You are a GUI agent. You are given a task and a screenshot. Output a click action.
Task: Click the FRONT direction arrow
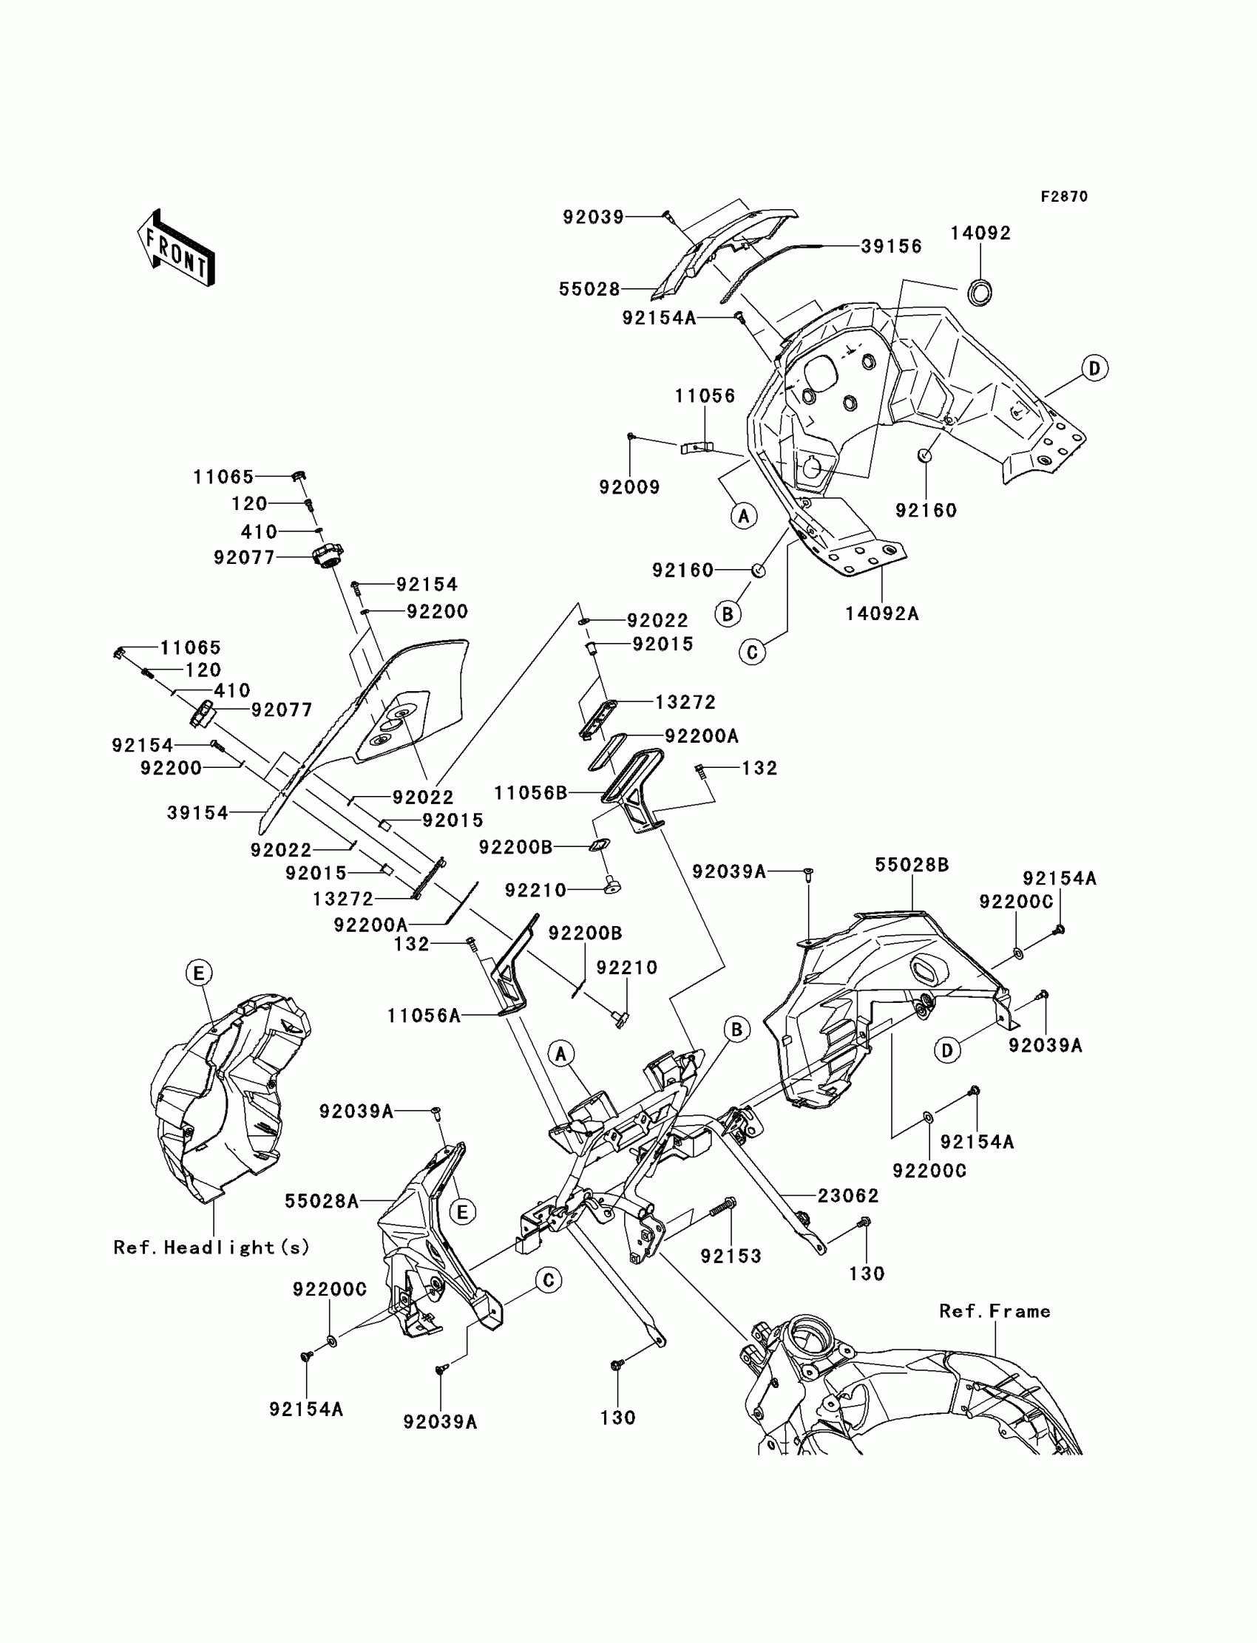(x=177, y=248)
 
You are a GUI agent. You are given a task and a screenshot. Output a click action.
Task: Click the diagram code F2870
(x=1064, y=197)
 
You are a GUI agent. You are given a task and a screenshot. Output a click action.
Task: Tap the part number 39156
(x=891, y=246)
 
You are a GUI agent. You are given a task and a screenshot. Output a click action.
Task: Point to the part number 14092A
(x=882, y=613)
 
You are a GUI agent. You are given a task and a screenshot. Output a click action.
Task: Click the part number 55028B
(x=912, y=865)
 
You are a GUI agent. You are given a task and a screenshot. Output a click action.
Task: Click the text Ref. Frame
(x=995, y=1311)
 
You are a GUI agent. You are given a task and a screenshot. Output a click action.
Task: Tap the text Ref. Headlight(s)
(x=211, y=1248)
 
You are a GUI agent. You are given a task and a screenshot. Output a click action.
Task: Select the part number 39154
(x=197, y=813)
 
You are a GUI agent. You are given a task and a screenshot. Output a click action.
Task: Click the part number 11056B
(x=531, y=793)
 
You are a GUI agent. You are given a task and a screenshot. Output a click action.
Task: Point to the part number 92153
(x=731, y=1256)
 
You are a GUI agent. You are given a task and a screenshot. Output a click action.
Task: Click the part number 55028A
(x=322, y=1202)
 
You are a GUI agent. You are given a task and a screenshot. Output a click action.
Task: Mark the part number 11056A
(x=424, y=1016)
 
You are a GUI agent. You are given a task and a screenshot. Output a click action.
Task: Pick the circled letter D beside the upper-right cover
(x=1094, y=368)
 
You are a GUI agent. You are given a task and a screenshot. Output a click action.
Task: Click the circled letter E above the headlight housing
(x=198, y=973)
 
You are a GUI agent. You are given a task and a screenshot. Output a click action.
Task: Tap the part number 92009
(x=629, y=488)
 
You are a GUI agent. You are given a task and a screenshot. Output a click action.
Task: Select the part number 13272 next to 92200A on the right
(x=685, y=702)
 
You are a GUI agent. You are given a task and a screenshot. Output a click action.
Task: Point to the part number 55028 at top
(x=589, y=290)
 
